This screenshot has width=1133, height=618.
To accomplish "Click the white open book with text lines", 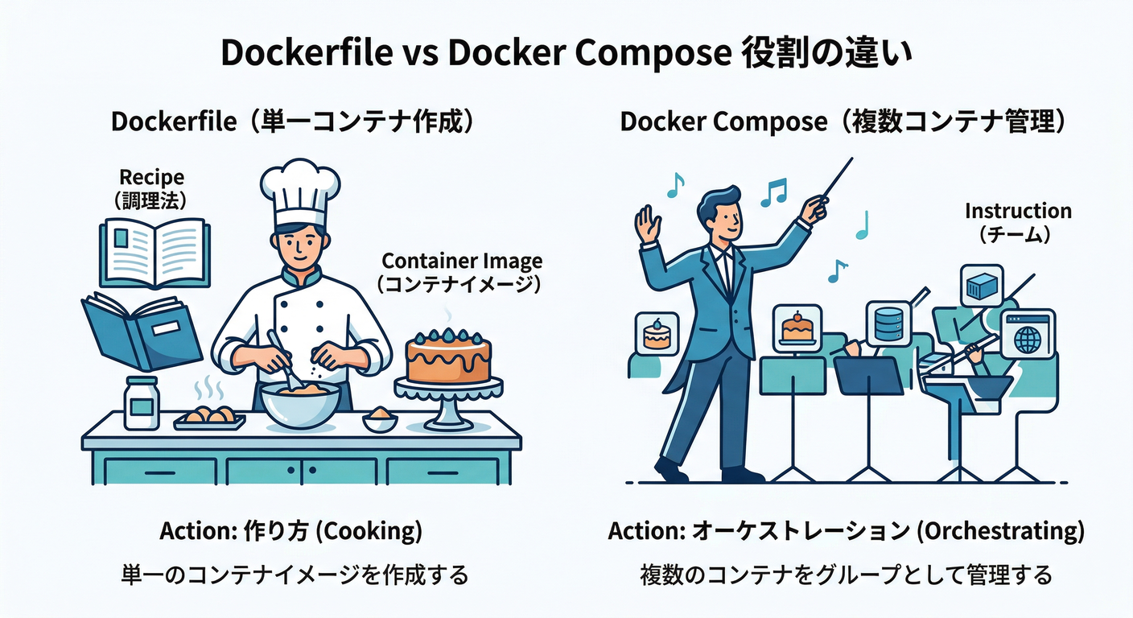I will click(x=154, y=253).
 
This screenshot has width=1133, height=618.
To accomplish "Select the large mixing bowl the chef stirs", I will click(x=300, y=402).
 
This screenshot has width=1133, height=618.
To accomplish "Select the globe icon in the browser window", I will click(x=1028, y=336).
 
